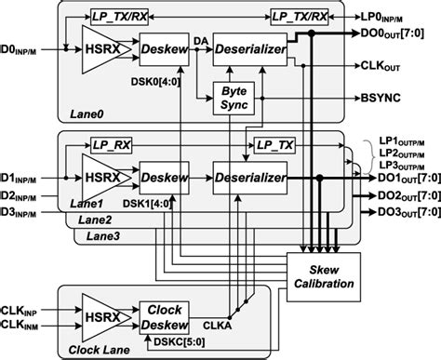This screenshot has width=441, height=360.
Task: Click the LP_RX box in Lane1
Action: coord(110,145)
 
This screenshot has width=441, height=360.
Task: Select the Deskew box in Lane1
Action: coord(164,176)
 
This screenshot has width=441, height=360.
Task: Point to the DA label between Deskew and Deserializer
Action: coord(203,37)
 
